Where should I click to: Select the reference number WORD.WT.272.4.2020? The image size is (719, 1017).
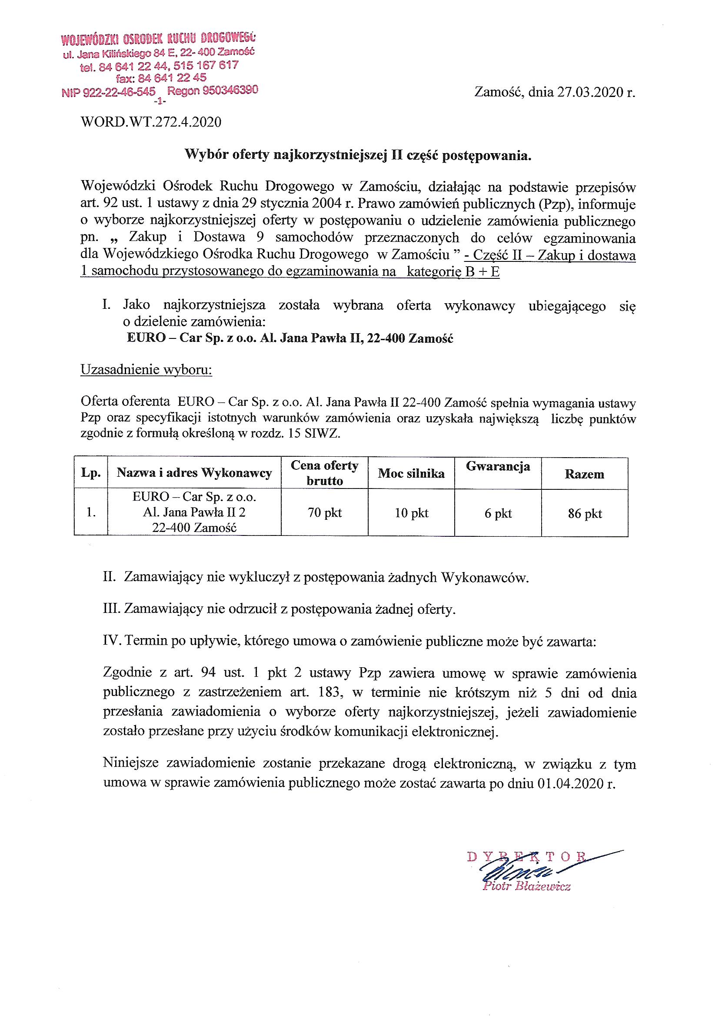tap(151, 122)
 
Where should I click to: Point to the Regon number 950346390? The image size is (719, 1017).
tap(230, 90)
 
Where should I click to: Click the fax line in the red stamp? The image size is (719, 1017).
tap(161, 78)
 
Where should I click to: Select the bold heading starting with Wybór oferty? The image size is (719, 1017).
tap(358, 155)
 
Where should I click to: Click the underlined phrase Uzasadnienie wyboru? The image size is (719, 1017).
tap(146, 370)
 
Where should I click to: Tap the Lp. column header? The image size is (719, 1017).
tap(91, 473)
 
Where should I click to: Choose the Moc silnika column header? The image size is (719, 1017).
tap(411, 474)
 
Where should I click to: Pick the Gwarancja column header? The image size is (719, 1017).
tap(498, 466)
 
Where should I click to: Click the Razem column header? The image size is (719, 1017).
tap(584, 475)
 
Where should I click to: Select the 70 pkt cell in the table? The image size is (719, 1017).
tap(325, 513)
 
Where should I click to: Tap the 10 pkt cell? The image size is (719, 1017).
tap(412, 513)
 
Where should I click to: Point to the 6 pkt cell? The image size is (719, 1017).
tap(498, 513)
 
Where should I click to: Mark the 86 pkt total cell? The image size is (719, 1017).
tap(585, 514)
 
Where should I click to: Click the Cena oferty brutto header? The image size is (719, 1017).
tap(325, 473)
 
